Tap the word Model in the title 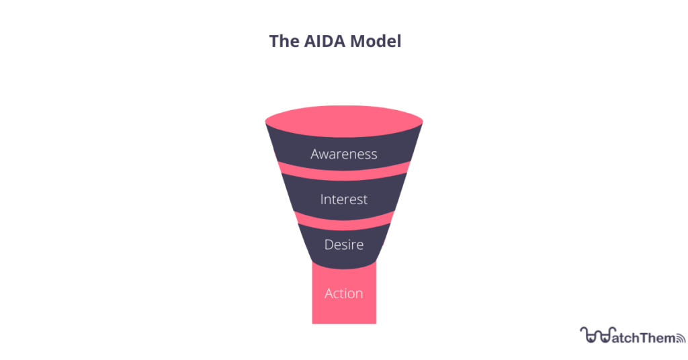point(376,41)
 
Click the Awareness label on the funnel point(344,154)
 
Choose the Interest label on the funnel point(344,199)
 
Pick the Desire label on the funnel point(344,244)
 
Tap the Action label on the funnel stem point(344,294)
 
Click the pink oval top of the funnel point(344,121)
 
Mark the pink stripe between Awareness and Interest point(344,173)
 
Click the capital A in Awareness point(316,154)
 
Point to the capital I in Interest point(322,199)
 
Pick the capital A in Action point(329,294)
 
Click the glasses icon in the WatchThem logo point(595,335)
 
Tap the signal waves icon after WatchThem point(681,338)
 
